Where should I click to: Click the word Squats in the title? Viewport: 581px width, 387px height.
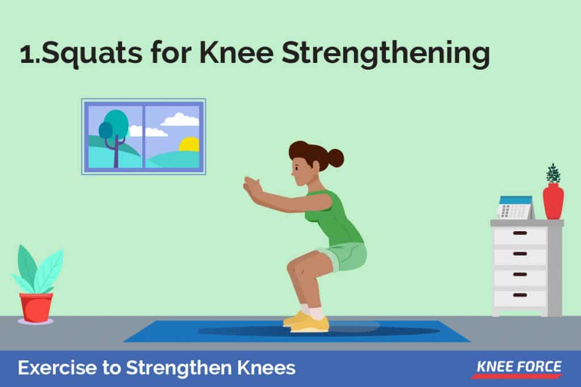[x=92, y=53]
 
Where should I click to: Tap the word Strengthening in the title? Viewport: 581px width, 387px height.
[x=386, y=54]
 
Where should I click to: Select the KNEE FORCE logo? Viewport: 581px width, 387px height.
[x=519, y=369]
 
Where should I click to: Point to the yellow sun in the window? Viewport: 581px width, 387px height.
[x=190, y=144]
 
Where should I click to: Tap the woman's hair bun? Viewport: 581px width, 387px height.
[x=335, y=158]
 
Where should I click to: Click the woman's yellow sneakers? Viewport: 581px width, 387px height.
[x=307, y=321]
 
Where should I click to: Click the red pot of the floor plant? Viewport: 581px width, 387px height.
[x=36, y=308]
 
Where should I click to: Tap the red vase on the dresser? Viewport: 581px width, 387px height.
[x=553, y=202]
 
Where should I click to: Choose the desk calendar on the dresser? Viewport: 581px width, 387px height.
[x=516, y=207]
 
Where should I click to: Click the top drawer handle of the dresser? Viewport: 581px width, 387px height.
[x=520, y=233]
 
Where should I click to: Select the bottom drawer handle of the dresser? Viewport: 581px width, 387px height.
[x=520, y=295]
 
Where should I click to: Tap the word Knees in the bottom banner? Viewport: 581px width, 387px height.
[x=266, y=368]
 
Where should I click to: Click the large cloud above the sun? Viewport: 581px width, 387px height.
[x=180, y=120]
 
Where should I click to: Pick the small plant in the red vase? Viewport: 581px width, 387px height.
[x=553, y=173]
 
